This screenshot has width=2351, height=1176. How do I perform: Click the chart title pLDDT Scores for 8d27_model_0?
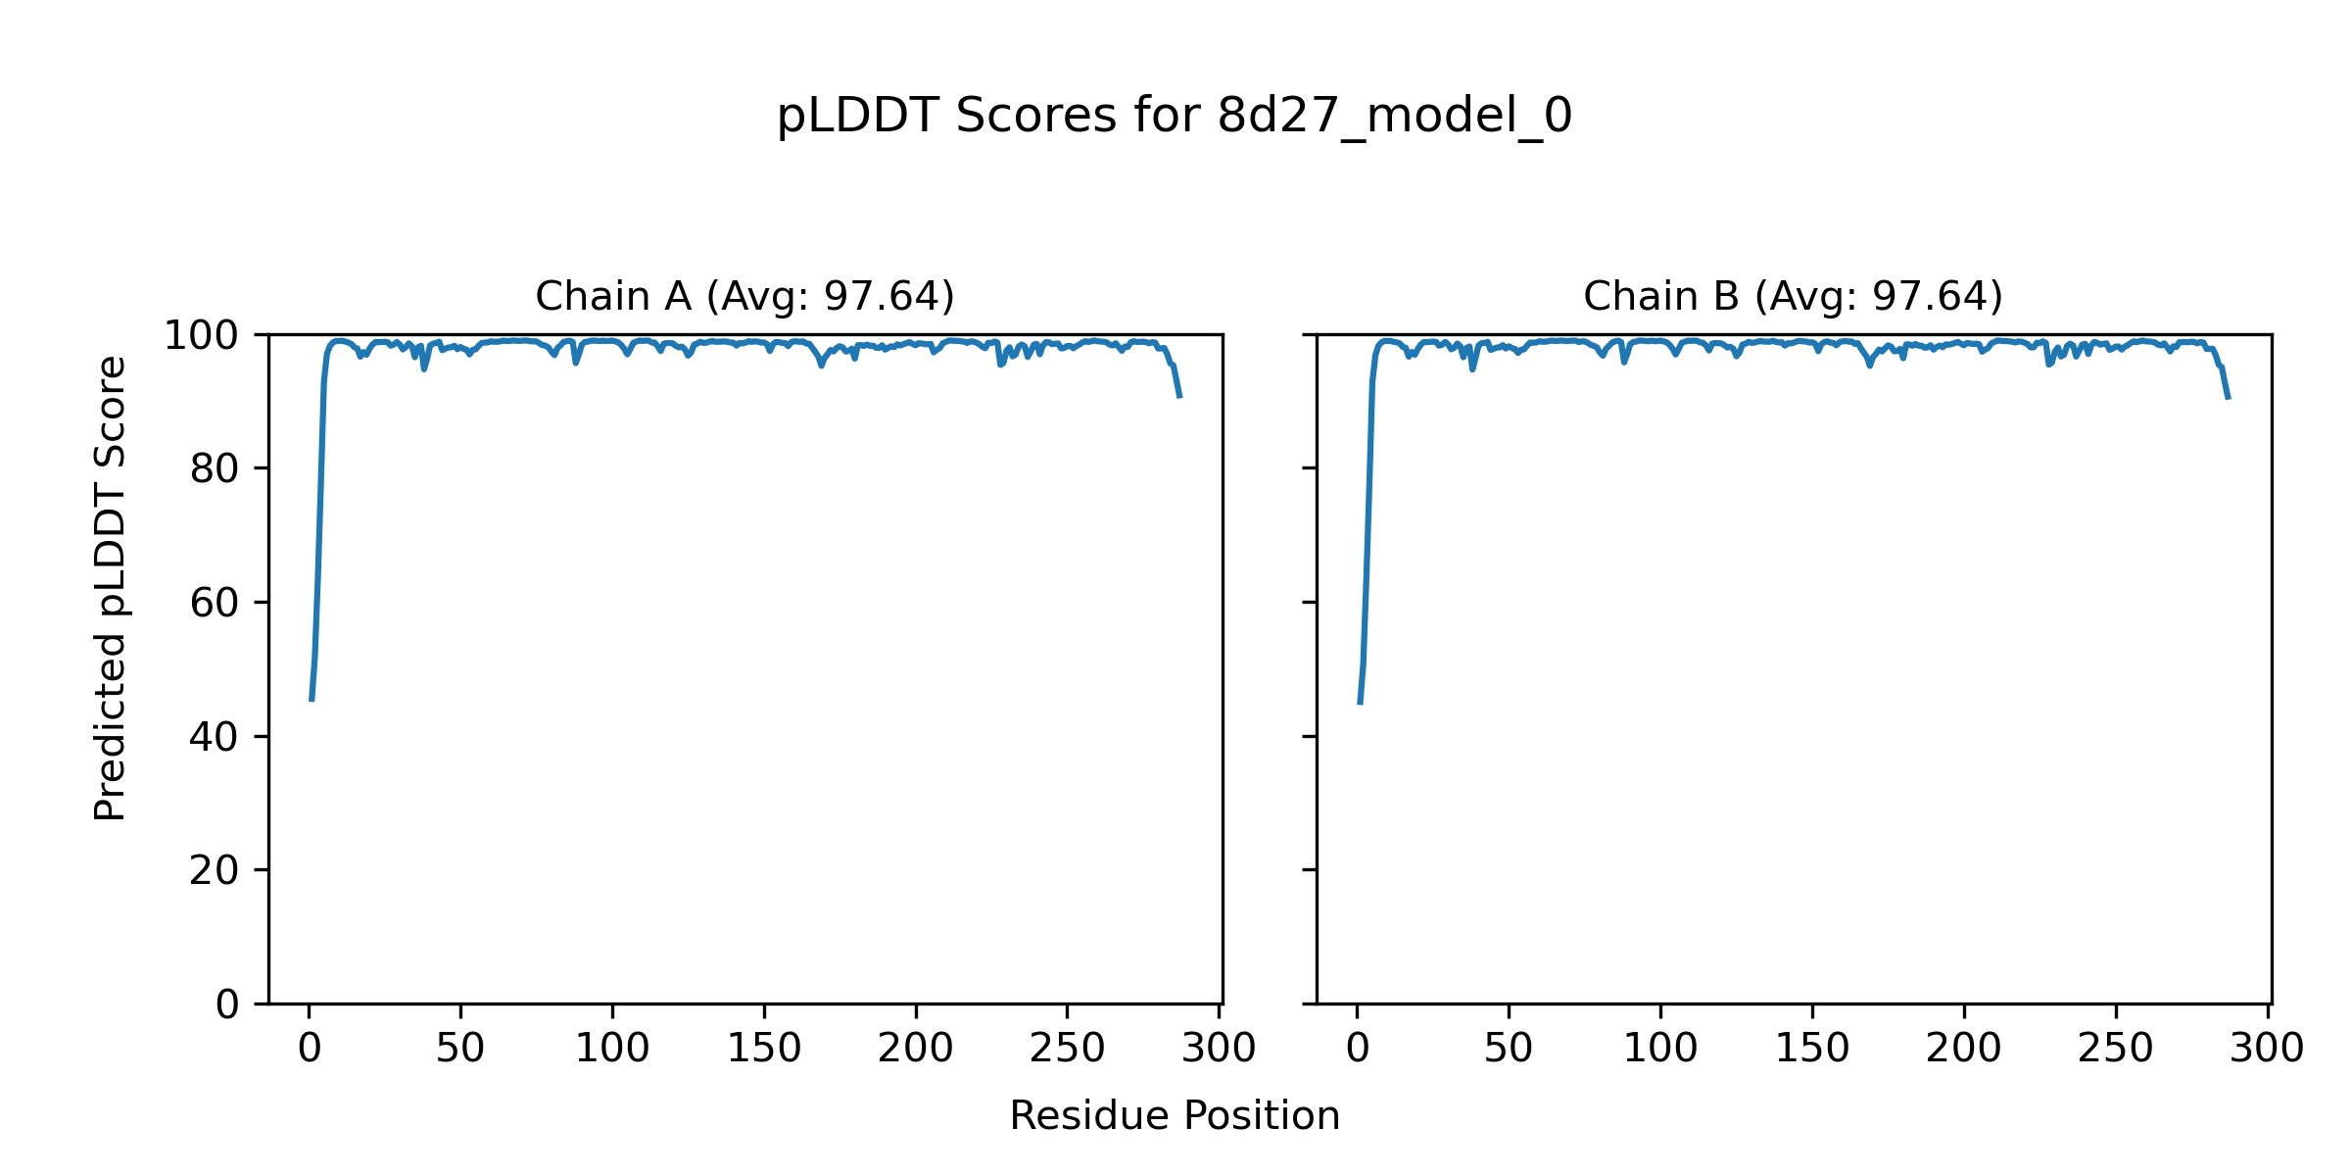[1174, 117]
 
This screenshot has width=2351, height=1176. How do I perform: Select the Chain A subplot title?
[744, 296]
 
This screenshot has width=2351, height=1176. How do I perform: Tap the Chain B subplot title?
[1793, 296]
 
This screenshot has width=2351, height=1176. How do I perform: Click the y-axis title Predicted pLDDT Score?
[111, 588]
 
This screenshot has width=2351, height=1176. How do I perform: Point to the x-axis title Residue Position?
[1174, 1116]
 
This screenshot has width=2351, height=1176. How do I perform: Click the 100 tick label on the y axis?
[201, 336]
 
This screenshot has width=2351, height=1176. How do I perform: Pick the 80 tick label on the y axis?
[215, 470]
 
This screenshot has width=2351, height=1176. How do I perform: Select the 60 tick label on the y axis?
[215, 604]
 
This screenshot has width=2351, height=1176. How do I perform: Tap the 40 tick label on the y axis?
[215, 738]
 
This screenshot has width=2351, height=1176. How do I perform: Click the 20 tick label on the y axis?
[215, 871]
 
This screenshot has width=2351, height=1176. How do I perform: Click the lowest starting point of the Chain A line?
[312, 701]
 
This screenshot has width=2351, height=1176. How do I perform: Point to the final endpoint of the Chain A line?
[1180, 397]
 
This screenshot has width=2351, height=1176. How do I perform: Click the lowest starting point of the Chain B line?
[1360, 704]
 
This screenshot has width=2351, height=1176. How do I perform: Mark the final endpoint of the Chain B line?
[2229, 399]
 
